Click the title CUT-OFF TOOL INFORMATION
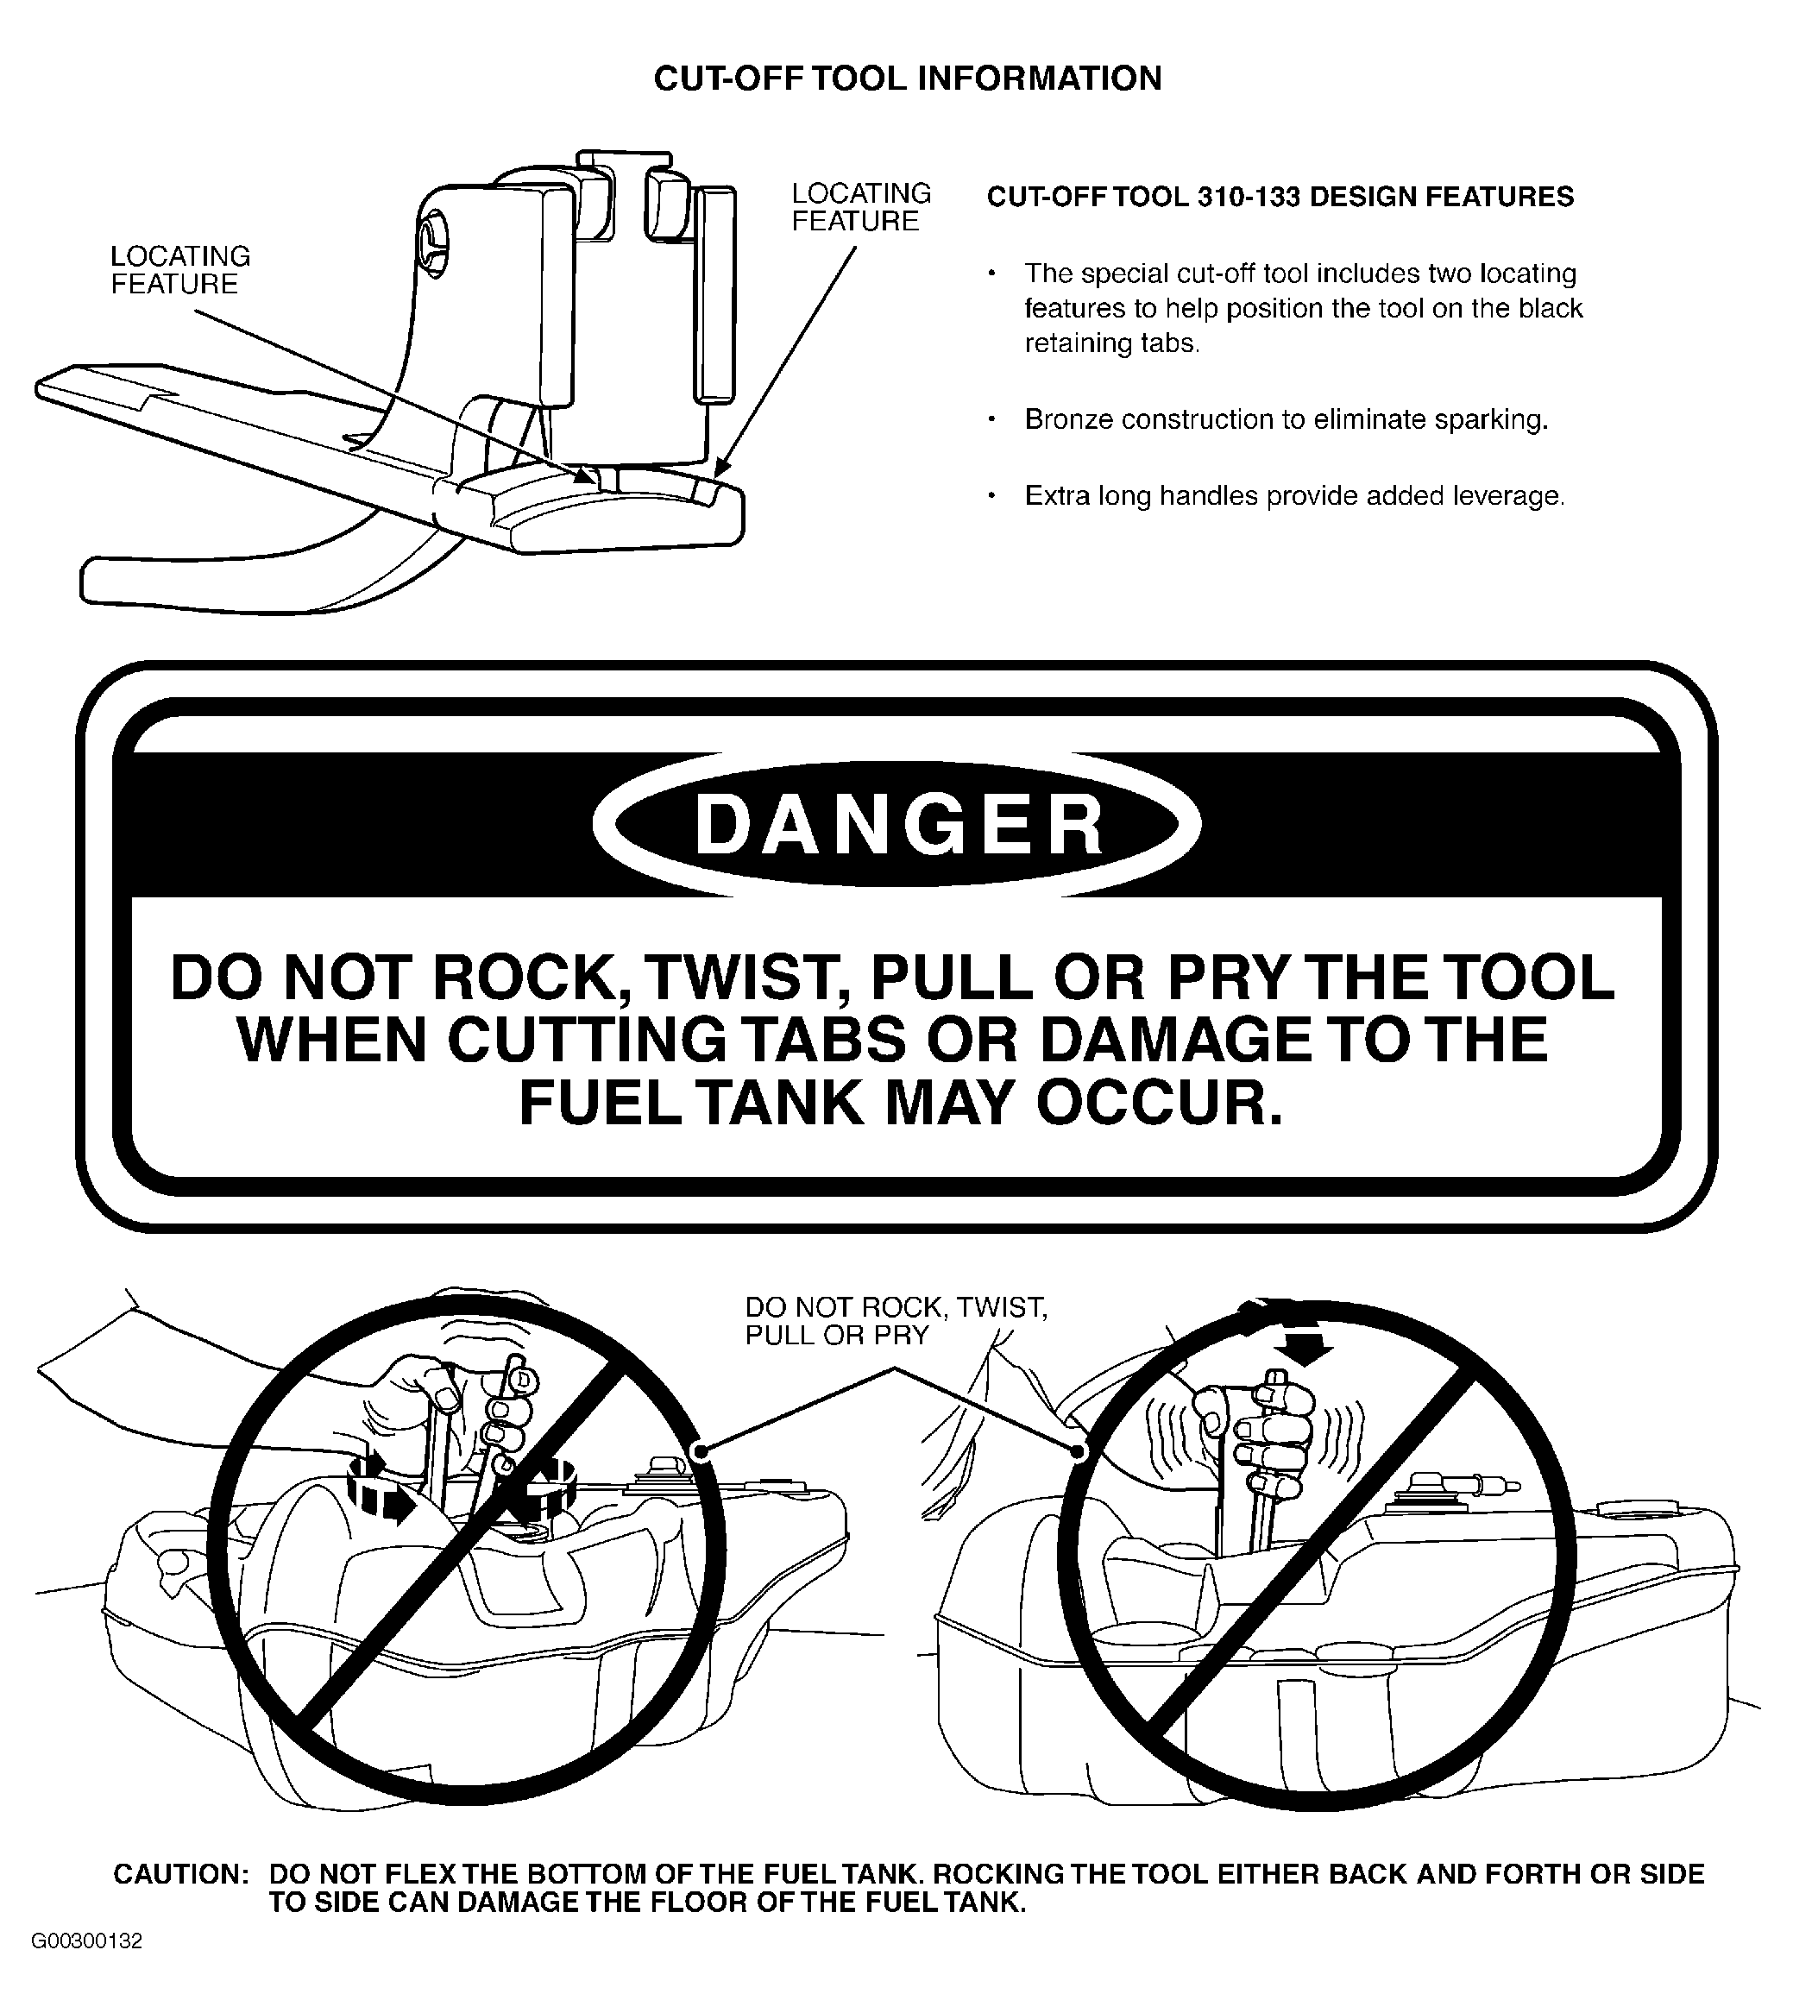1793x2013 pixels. pos(908,79)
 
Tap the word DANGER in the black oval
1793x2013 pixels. pos(898,826)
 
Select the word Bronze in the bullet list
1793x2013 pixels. pos(1068,419)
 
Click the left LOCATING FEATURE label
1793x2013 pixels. pos(180,270)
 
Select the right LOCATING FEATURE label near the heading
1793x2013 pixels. pos(861,207)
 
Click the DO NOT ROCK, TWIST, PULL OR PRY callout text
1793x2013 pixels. pos(896,1320)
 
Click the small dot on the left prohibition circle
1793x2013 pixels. pos(701,1450)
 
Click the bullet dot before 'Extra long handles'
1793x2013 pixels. pos(992,495)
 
